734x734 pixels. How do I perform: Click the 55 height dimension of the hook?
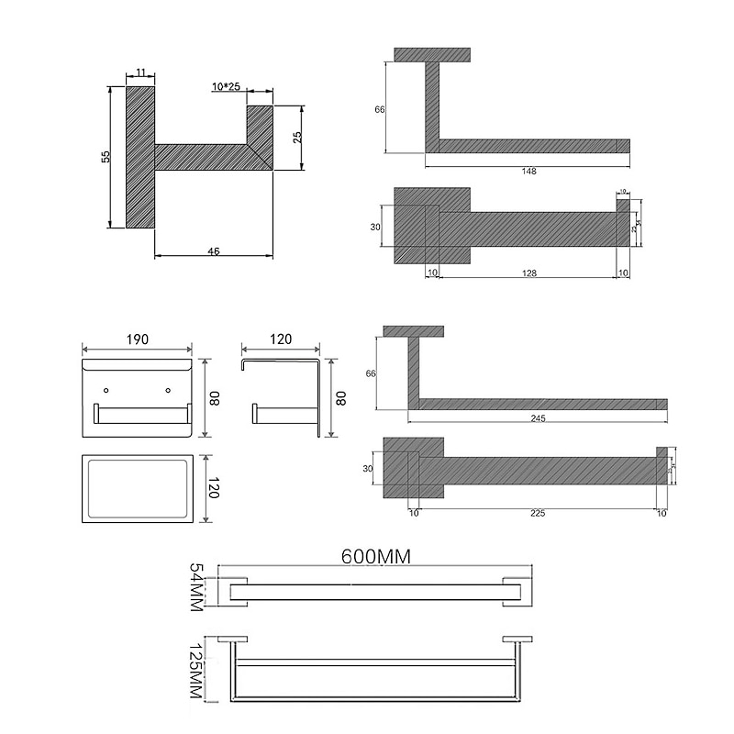(x=106, y=157)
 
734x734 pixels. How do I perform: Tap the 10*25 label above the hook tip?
(x=226, y=86)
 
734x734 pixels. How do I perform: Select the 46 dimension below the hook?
(x=214, y=250)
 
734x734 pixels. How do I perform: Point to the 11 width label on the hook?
(x=140, y=72)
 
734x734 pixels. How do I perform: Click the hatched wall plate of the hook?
(x=140, y=157)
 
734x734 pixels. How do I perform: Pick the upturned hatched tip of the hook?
(x=260, y=133)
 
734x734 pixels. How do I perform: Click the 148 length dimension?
(x=528, y=171)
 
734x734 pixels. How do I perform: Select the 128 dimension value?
(x=530, y=272)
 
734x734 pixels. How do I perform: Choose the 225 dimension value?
(x=538, y=513)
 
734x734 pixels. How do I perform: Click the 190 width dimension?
(x=137, y=339)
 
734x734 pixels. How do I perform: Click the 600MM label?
(x=374, y=556)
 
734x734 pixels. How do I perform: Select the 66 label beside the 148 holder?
(x=379, y=109)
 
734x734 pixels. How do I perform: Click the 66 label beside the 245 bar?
(x=371, y=373)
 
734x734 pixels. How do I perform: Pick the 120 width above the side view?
(x=281, y=339)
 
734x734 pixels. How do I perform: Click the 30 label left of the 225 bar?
(x=369, y=468)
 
